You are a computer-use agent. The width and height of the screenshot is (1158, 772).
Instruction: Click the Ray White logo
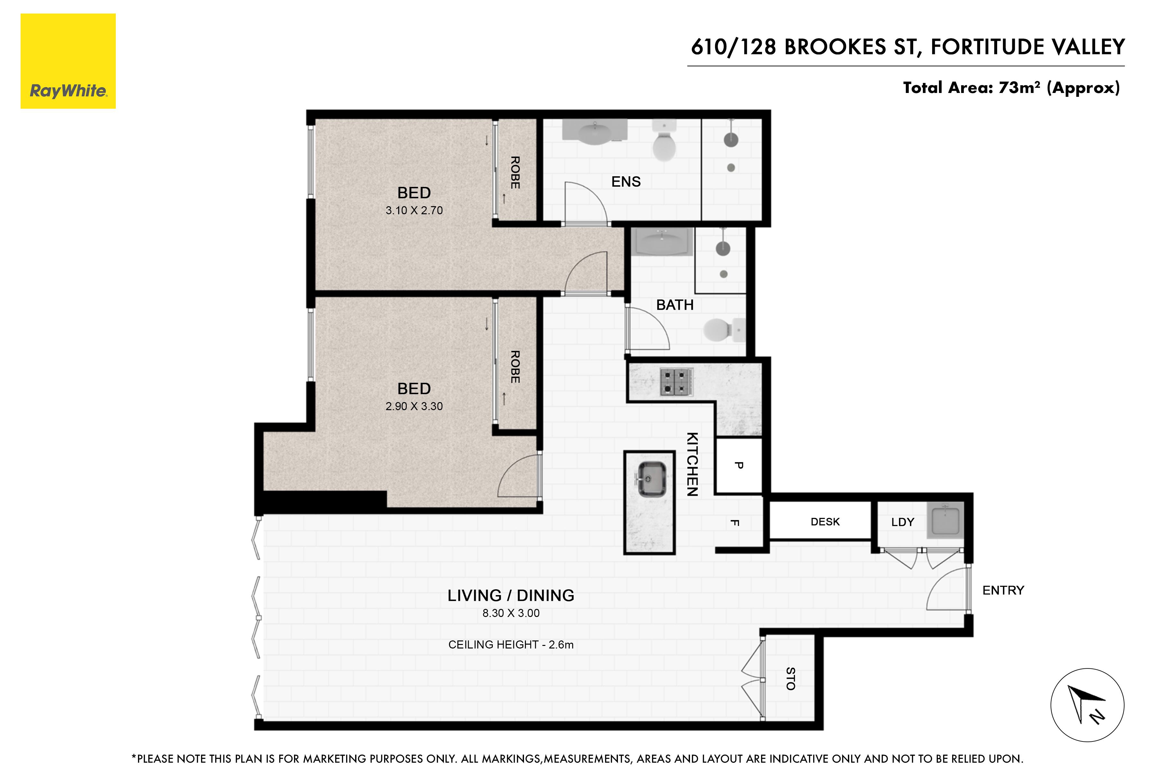(x=68, y=61)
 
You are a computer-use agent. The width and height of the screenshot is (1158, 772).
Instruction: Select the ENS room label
(x=626, y=182)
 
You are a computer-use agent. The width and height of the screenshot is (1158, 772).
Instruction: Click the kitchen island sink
(x=652, y=479)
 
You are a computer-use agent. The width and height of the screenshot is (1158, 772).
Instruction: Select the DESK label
(x=825, y=522)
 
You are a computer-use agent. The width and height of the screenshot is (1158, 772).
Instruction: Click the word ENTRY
(x=1003, y=590)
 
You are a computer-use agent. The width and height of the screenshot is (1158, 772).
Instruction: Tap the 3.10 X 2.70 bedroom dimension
(x=414, y=210)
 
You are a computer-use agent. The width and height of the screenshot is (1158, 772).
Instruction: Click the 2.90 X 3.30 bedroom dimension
(x=414, y=406)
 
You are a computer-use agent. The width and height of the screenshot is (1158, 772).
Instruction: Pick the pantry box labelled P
(x=739, y=465)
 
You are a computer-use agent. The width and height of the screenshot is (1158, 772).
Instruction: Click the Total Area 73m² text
(x=1011, y=87)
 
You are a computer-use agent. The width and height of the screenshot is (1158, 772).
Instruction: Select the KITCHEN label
(x=692, y=464)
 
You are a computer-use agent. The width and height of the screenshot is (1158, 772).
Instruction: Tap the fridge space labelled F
(x=735, y=522)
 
